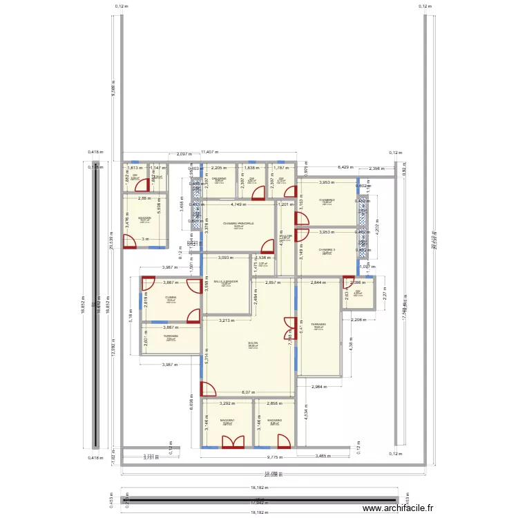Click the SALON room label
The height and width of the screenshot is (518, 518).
click(x=253, y=343)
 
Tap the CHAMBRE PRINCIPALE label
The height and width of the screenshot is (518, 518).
click(x=238, y=224)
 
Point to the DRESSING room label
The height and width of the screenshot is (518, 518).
click(x=219, y=178)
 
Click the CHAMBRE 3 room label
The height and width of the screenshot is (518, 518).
click(x=327, y=250)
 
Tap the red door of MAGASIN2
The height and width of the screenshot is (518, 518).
click(x=282, y=442)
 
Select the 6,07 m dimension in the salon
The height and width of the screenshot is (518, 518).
click(x=247, y=392)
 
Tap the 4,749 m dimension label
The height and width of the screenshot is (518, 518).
click(x=238, y=204)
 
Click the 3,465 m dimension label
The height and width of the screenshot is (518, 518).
click(x=322, y=456)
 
